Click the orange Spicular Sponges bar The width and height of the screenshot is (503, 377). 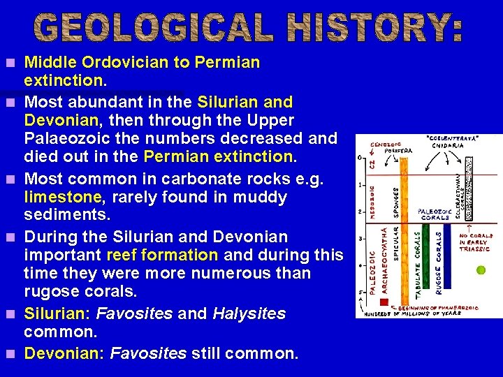point(403,223)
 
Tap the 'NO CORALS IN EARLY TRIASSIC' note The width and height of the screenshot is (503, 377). point(474,242)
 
